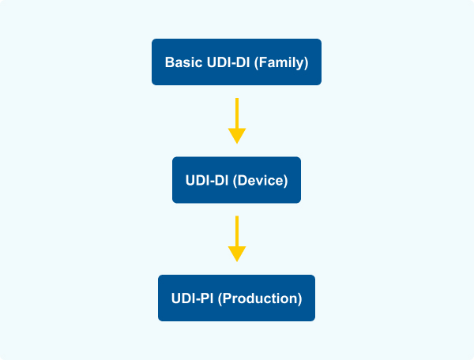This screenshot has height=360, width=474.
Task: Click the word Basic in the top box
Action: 182,62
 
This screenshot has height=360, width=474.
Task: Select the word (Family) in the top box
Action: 282,62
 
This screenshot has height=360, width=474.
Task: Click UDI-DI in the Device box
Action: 207,180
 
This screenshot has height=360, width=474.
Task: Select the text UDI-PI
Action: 193,298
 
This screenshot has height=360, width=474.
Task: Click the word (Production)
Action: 260,298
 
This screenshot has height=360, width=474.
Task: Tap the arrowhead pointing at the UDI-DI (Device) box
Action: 237,136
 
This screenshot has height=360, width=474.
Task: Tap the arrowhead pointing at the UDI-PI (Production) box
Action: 237,253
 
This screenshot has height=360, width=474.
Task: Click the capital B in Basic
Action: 169,62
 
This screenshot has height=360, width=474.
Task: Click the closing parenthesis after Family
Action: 306,62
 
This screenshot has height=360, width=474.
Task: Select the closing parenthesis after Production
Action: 299,298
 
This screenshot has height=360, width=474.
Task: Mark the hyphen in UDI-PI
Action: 199,299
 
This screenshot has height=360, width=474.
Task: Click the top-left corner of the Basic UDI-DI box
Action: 153,40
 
